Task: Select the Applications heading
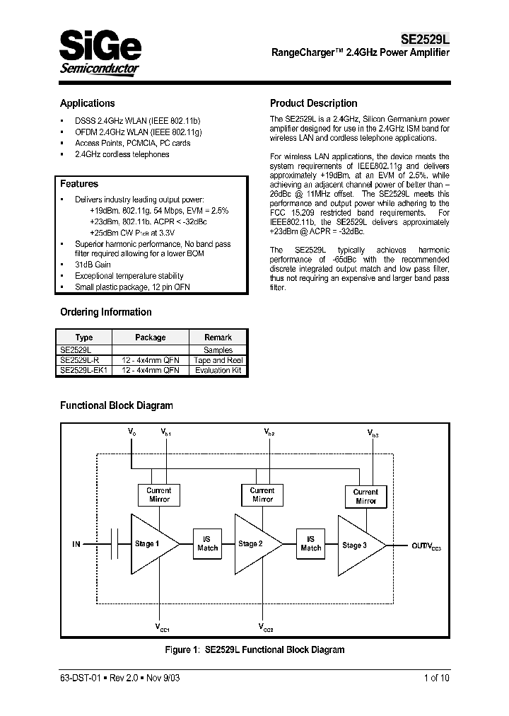pos(87,103)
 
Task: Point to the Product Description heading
pos(313,103)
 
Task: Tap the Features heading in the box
pos(79,184)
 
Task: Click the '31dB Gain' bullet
pos(93,265)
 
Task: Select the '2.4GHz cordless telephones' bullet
pos(122,154)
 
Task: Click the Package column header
pos(150,337)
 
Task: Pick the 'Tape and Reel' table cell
pos(218,360)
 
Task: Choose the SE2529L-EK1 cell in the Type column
pos(83,370)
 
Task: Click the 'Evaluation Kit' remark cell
pos(218,370)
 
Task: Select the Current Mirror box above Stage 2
pos(262,495)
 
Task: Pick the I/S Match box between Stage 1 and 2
pos(208,543)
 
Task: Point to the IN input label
pos(76,544)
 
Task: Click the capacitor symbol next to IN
pos(113,544)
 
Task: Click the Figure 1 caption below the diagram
pos(255,649)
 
